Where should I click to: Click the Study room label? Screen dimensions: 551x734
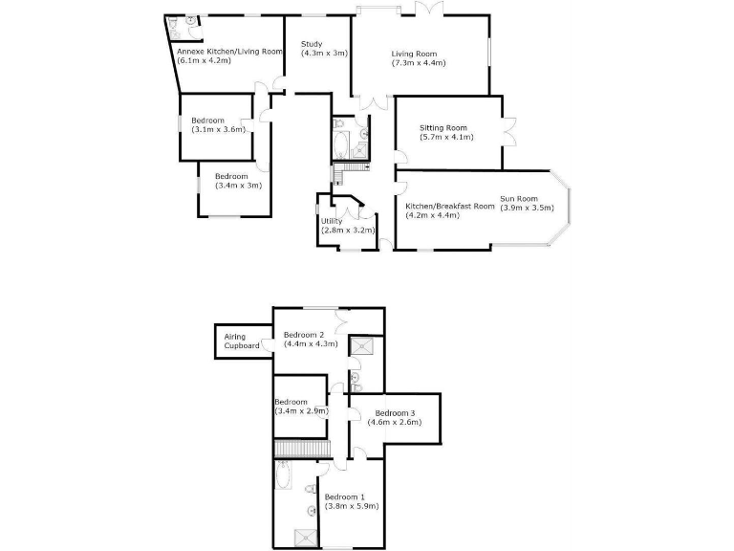(x=312, y=44)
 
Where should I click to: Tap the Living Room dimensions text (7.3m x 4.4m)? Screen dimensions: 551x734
(x=419, y=63)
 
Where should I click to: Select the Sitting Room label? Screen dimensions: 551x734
(x=443, y=127)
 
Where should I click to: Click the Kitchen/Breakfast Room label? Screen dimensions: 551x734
(x=449, y=206)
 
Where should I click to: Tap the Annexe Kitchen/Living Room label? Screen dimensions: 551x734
(x=230, y=51)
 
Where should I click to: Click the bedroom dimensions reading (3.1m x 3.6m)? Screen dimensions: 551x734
(x=218, y=129)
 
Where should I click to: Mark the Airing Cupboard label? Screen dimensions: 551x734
(x=242, y=342)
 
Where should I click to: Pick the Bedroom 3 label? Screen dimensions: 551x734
(x=395, y=412)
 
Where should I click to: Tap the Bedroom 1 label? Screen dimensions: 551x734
(x=345, y=496)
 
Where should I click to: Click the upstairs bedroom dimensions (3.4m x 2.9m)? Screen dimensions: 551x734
(x=302, y=411)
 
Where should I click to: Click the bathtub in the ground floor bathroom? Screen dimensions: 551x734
(x=340, y=144)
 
